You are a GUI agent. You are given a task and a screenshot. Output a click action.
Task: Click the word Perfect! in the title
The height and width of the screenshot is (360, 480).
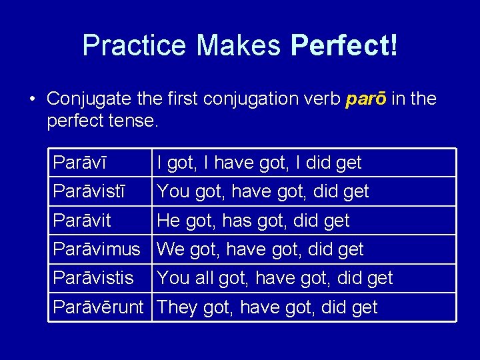pyautogui.click(x=344, y=45)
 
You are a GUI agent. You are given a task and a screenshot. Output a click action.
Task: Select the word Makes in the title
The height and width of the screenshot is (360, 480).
pyautogui.click(x=238, y=45)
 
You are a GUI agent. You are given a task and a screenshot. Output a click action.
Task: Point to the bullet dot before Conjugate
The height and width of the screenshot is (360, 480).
pyautogui.click(x=32, y=100)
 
